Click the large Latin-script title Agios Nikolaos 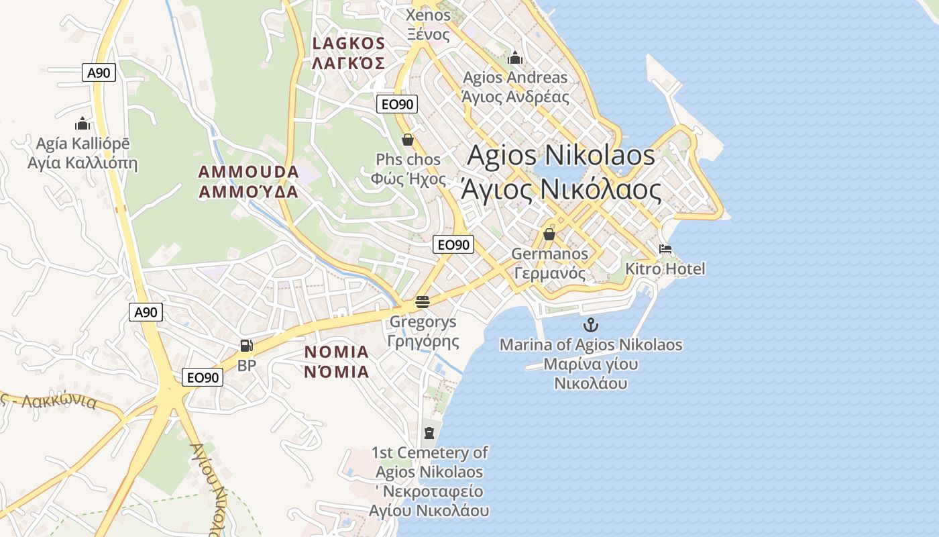pyautogui.click(x=561, y=155)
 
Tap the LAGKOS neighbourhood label pyautogui.click(x=348, y=44)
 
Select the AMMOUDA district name pyautogui.click(x=248, y=172)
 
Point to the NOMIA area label pyautogui.click(x=337, y=352)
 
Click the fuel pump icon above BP pyautogui.click(x=246, y=346)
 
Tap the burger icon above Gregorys pyautogui.click(x=422, y=302)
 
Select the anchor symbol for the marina pyautogui.click(x=590, y=326)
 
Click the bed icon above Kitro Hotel pyautogui.click(x=665, y=249)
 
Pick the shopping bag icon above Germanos pyautogui.click(x=549, y=234)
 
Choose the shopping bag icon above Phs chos pyautogui.click(x=407, y=140)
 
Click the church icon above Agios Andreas pyautogui.click(x=515, y=58)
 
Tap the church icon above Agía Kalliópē pyautogui.click(x=82, y=124)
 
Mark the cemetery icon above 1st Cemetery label pyautogui.click(x=429, y=432)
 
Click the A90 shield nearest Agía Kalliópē pyautogui.click(x=99, y=72)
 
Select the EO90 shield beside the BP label pyautogui.click(x=203, y=377)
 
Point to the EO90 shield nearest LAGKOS pyautogui.click(x=398, y=104)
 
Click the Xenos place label pyautogui.click(x=429, y=15)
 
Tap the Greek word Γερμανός pyautogui.click(x=549, y=273)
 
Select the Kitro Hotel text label pyautogui.click(x=665, y=269)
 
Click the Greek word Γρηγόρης pyautogui.click(x=423, y=341)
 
